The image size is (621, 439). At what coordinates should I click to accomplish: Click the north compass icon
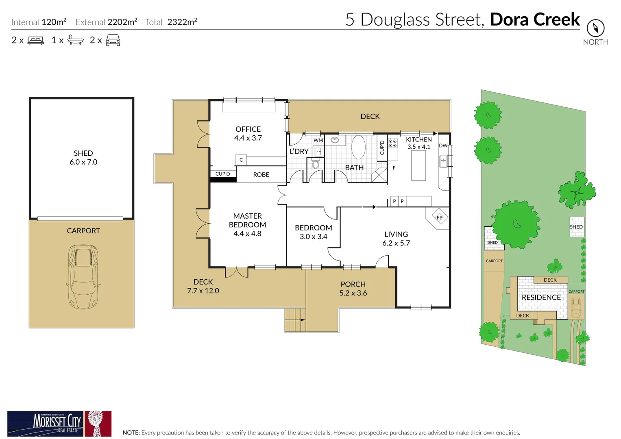tap(595, 28)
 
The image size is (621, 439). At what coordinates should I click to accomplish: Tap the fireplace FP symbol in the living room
tap(439, 217)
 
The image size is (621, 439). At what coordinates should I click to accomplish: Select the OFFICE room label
tap(248, 129)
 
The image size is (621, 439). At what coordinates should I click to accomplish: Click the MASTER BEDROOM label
tap(247, 220)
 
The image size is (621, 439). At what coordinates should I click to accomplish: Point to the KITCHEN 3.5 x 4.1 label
tap(419, 143)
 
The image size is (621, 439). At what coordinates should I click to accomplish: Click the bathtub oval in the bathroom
tap(358, 147)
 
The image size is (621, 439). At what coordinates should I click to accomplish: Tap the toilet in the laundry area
tap(316, 164)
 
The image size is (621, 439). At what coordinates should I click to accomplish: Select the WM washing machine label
tap(318, 140)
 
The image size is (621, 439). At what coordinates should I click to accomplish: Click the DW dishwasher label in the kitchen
tap(443, 146)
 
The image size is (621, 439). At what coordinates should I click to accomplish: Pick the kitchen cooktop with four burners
tap(393, 143)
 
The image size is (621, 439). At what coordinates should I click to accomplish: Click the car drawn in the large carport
tap(83, 276)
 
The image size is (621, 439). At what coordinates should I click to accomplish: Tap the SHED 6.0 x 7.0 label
tap(83, 158)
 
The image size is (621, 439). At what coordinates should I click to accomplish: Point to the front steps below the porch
tap(294, 320)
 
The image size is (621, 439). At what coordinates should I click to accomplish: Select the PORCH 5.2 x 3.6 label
tap(353, 289)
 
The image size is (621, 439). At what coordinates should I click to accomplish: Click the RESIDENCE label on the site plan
tap(541, 298)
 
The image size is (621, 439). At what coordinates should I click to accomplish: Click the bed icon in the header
tap(36, 41)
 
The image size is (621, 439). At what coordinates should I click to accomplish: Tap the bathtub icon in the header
tap(76, 40)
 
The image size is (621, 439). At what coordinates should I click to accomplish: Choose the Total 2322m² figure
tap(171, 22)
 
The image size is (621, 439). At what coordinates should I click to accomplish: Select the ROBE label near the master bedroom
tap(261, 175)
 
